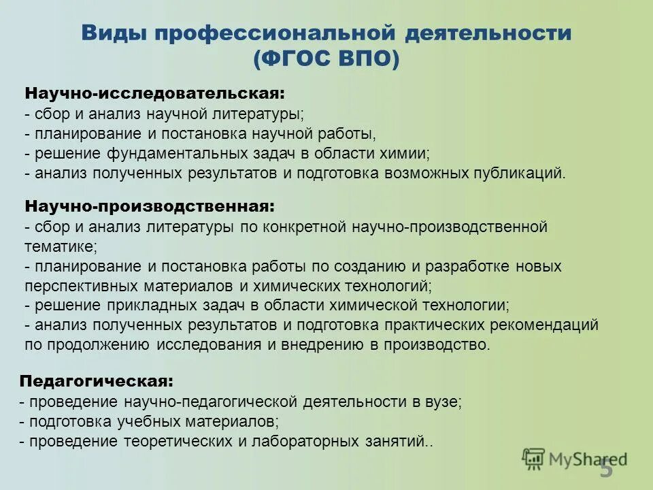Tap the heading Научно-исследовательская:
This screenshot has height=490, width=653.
click(x=154, y=93)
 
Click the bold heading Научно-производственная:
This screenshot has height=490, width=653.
click(x=150, y=205)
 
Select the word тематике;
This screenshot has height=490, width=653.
click(x=61, y=245)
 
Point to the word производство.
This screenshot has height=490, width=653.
click(x=437, y=344)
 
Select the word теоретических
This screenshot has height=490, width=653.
click(x=174, y=441)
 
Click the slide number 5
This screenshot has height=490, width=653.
click(x=605, y=469)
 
